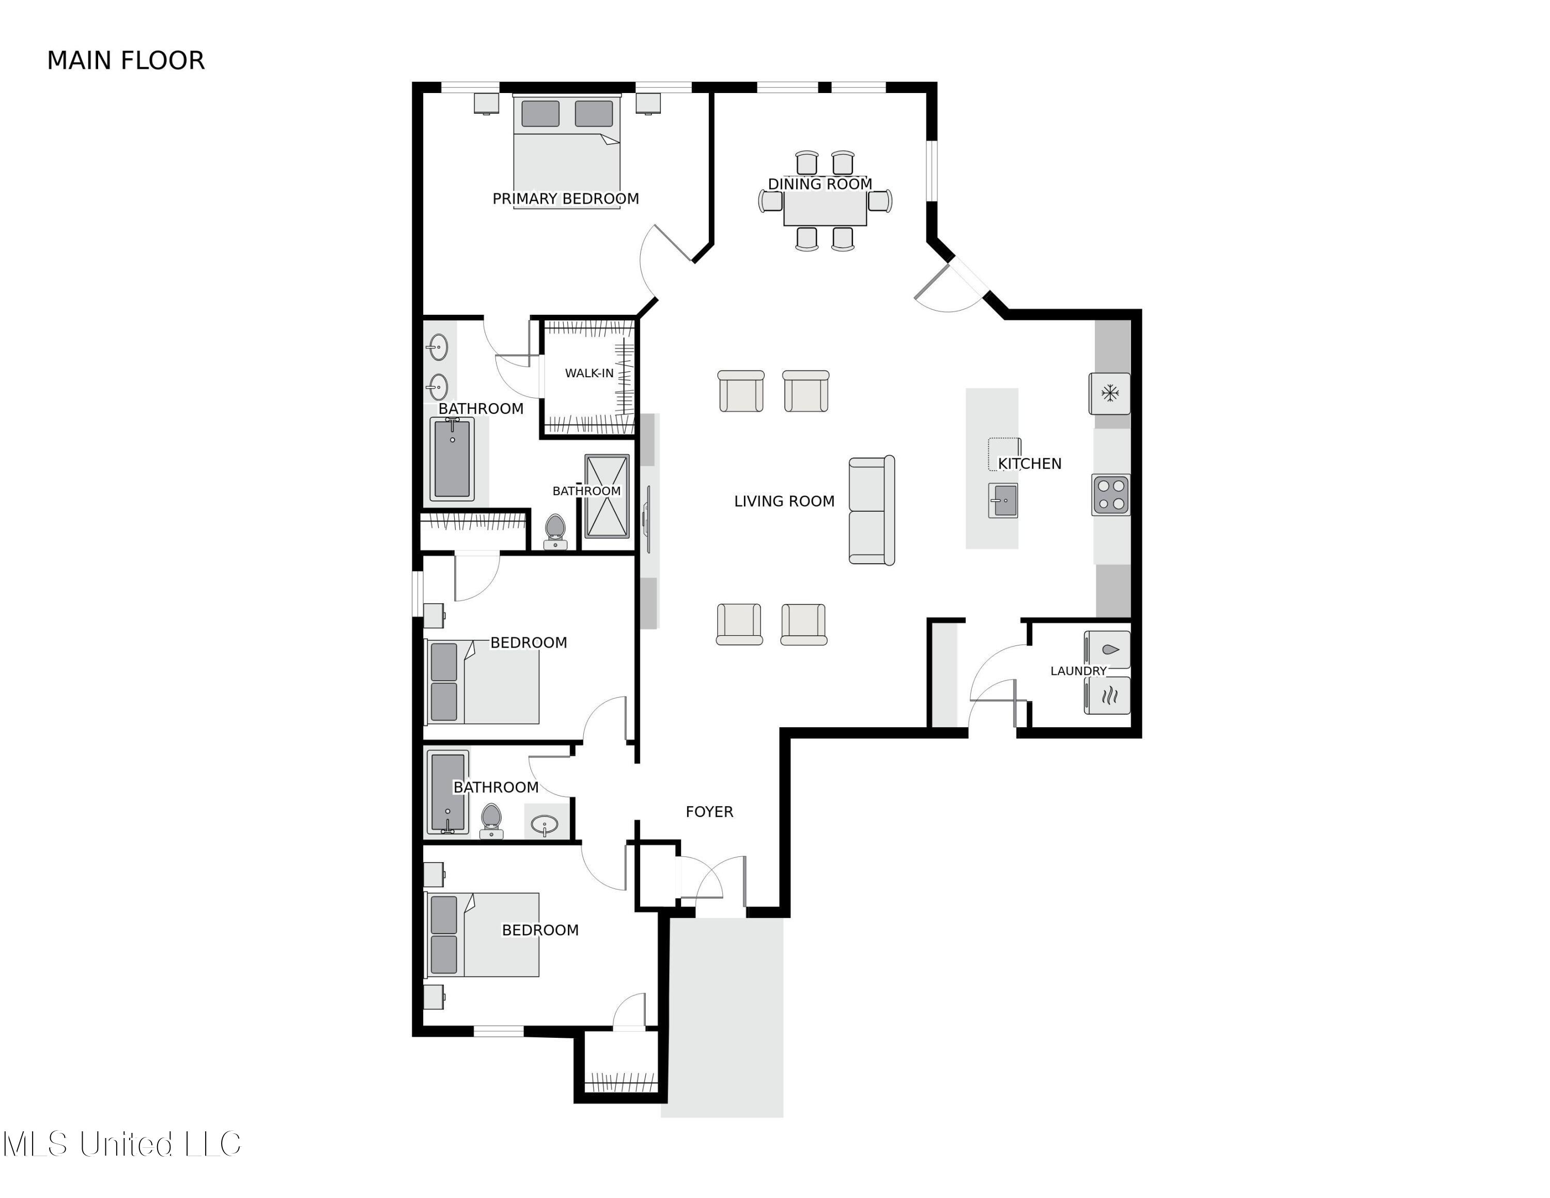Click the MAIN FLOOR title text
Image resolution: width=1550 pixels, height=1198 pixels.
pyautogui.click(x=126, y=61)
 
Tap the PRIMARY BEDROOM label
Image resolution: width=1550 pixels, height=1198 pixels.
pyautogui.click(x=566, y=199)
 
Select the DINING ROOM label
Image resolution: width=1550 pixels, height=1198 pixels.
pyautogui.click(x=820, y=184)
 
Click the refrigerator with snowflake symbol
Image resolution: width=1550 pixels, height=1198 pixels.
pyautogui.click(x=1109, y=393)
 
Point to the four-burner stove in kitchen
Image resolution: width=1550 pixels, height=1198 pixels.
pyautogui.click(x=1111, y=495)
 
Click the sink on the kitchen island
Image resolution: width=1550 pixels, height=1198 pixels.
pyautogui.click(x=1003, y=500)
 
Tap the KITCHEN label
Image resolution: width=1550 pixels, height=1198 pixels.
pyautogui.click(x=1029, y=464)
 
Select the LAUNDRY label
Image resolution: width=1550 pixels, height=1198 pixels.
pyautogui.click(x=1078, y=671)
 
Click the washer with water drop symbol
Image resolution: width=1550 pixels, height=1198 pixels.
pyautogui.click(x=1108, y=649)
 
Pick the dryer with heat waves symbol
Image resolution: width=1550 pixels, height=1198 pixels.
pyautogui.click(x=1108, y=695)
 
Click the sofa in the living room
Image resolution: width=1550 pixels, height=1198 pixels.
pyautogui.click(x=872, y=510)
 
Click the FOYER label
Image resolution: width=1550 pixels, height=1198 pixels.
pyautogui.click(x=709, y=811)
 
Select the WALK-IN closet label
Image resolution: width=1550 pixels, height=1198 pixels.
pyautogui.click(x=588, y=373)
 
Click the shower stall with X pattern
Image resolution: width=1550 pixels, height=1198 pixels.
pyautogui.click(x=607, y=496)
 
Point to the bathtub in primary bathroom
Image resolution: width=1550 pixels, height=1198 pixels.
pyautogui.click(x=452, y=458)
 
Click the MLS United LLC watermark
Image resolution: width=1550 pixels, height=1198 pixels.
pyautogui.click(x=122, y=1144)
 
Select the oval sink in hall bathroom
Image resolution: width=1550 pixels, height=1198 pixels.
pyautogui.click(x=545, y=824)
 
